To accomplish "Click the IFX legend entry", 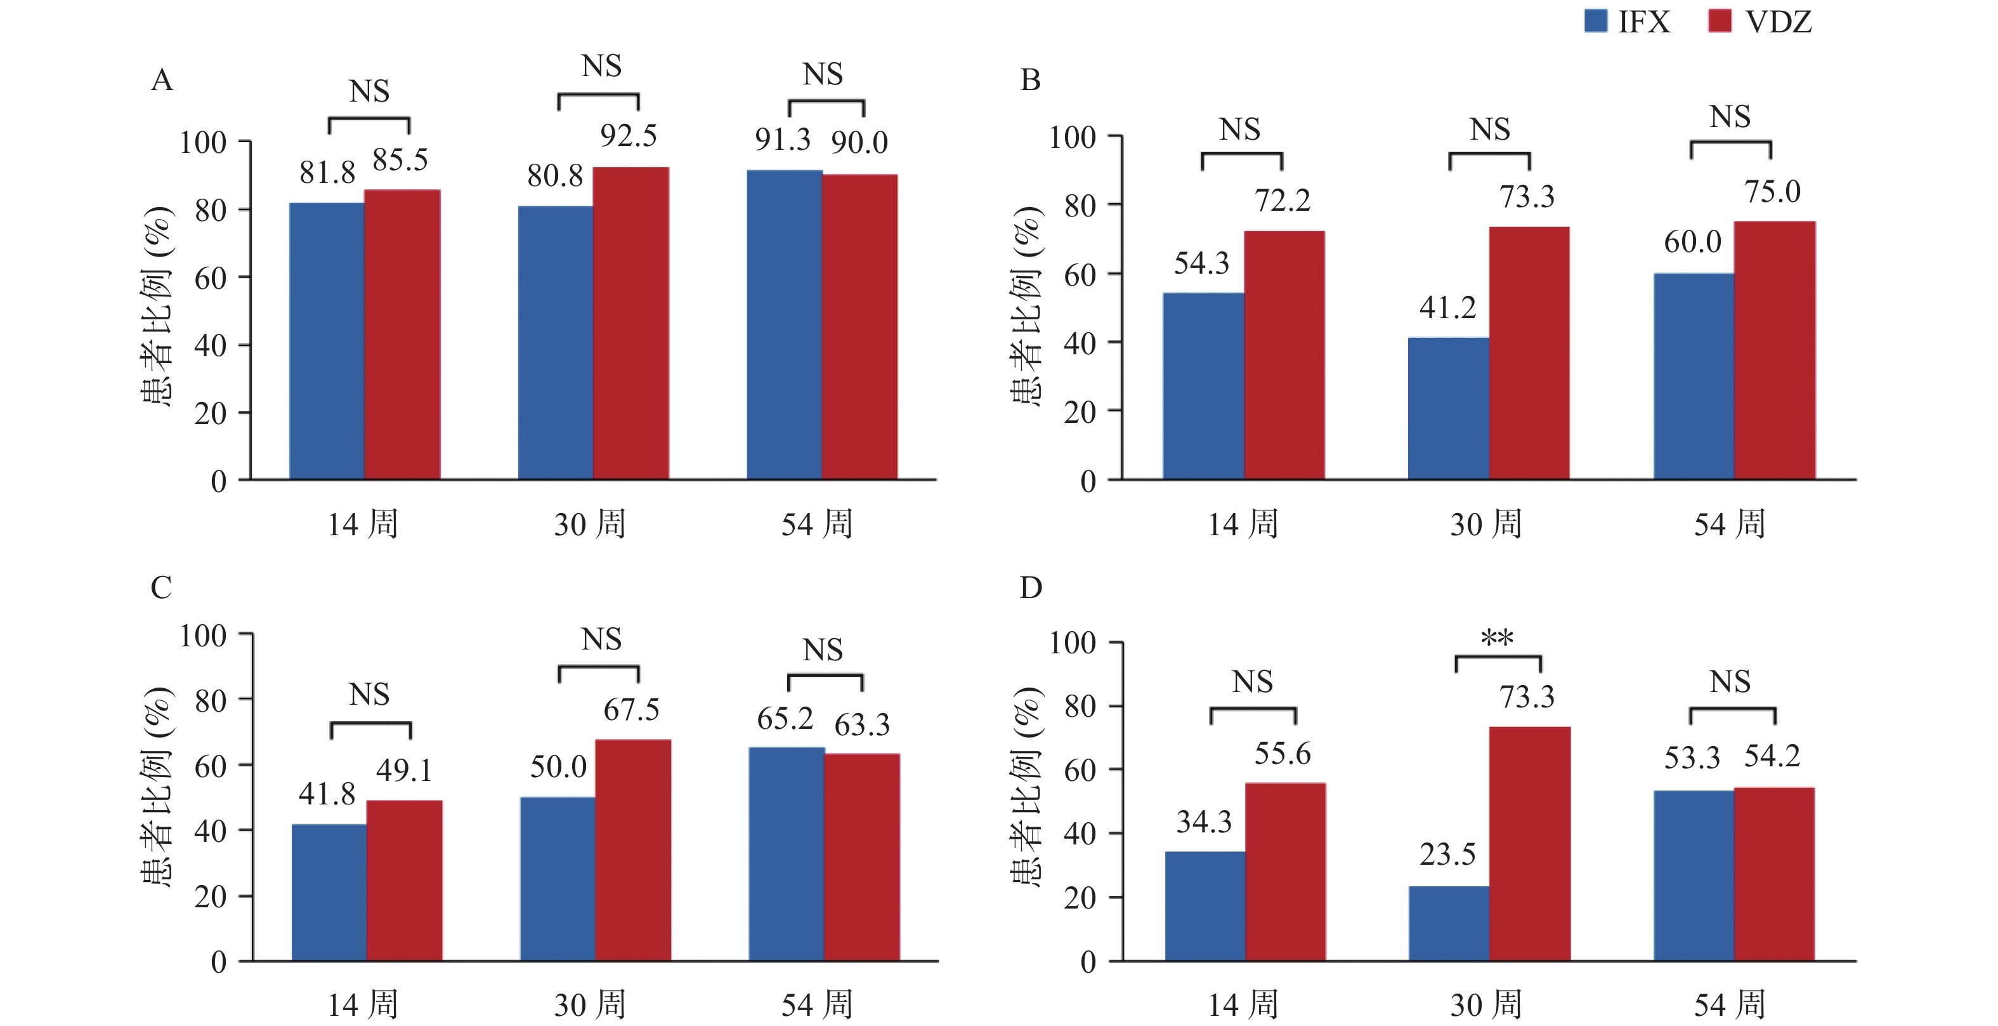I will (1626, 22).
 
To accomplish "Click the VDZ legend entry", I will (1759, 22).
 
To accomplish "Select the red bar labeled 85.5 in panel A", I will (403, 335).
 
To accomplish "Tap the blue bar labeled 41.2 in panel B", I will (1448, 408).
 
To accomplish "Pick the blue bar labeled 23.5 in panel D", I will (1449, 924).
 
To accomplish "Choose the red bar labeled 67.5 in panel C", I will (633, 851).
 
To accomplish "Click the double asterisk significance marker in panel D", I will (1497, 639).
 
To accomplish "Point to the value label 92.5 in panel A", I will (628, 136).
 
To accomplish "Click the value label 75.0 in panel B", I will (1772, 192).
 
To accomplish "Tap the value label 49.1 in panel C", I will (404, 770).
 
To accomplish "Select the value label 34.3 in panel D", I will (1204, 821).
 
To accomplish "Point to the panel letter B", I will (1030, 80).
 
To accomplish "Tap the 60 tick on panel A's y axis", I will (210, 278).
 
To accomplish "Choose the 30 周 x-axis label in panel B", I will (1486, 524).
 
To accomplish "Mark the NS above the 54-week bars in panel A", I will (822, 74).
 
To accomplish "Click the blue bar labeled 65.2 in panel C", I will (787, 855).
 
